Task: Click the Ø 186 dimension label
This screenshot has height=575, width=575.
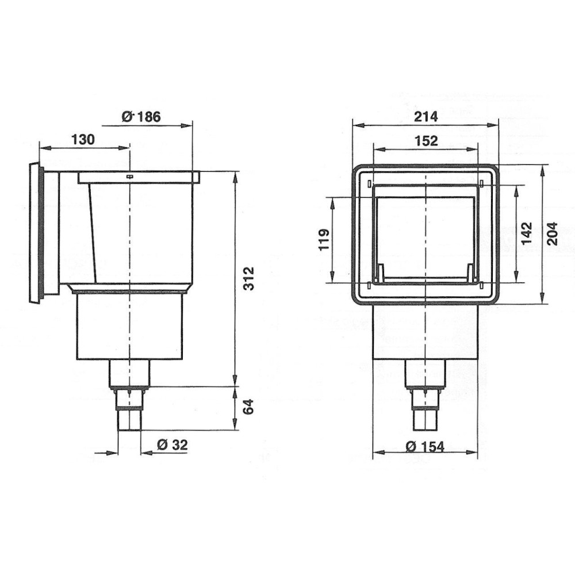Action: point(141,117)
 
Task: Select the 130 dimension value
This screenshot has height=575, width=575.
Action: point(83,140)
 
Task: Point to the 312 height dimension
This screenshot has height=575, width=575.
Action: point(249,279)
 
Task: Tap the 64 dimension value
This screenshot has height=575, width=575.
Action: point(248,408)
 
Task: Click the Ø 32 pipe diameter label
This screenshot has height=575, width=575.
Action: point(172,445)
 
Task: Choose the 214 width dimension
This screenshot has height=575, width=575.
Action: point(425,117)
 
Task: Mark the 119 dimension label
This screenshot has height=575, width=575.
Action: point(324,240)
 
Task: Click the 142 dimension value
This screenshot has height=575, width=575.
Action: point(527,233)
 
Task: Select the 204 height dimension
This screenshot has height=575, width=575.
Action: point(552,233)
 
